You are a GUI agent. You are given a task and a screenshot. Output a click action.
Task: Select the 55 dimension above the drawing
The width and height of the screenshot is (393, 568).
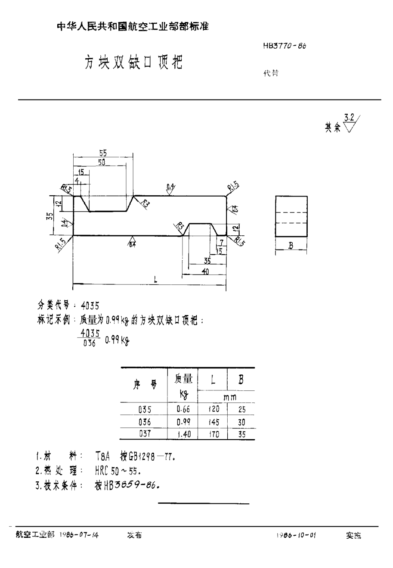(103, 153)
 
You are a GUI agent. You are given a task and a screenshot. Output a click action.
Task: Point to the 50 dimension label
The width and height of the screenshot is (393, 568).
(102, 162)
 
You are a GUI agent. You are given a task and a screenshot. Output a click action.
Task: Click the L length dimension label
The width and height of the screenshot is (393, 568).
(155, 279)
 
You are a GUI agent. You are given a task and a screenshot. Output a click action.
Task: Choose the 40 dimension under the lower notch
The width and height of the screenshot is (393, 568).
(205, 272)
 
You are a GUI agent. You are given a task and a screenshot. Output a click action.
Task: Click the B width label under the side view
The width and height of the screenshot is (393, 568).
(291, 247)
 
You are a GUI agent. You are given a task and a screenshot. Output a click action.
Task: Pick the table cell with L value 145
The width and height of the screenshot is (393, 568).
(214, 422)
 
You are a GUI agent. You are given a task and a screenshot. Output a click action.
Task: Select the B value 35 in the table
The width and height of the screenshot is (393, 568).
(241, 434)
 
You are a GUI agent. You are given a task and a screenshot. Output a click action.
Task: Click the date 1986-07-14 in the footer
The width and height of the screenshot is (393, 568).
(79, 535)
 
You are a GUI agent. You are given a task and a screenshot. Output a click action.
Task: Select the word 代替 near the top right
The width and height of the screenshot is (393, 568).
(271, 74)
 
